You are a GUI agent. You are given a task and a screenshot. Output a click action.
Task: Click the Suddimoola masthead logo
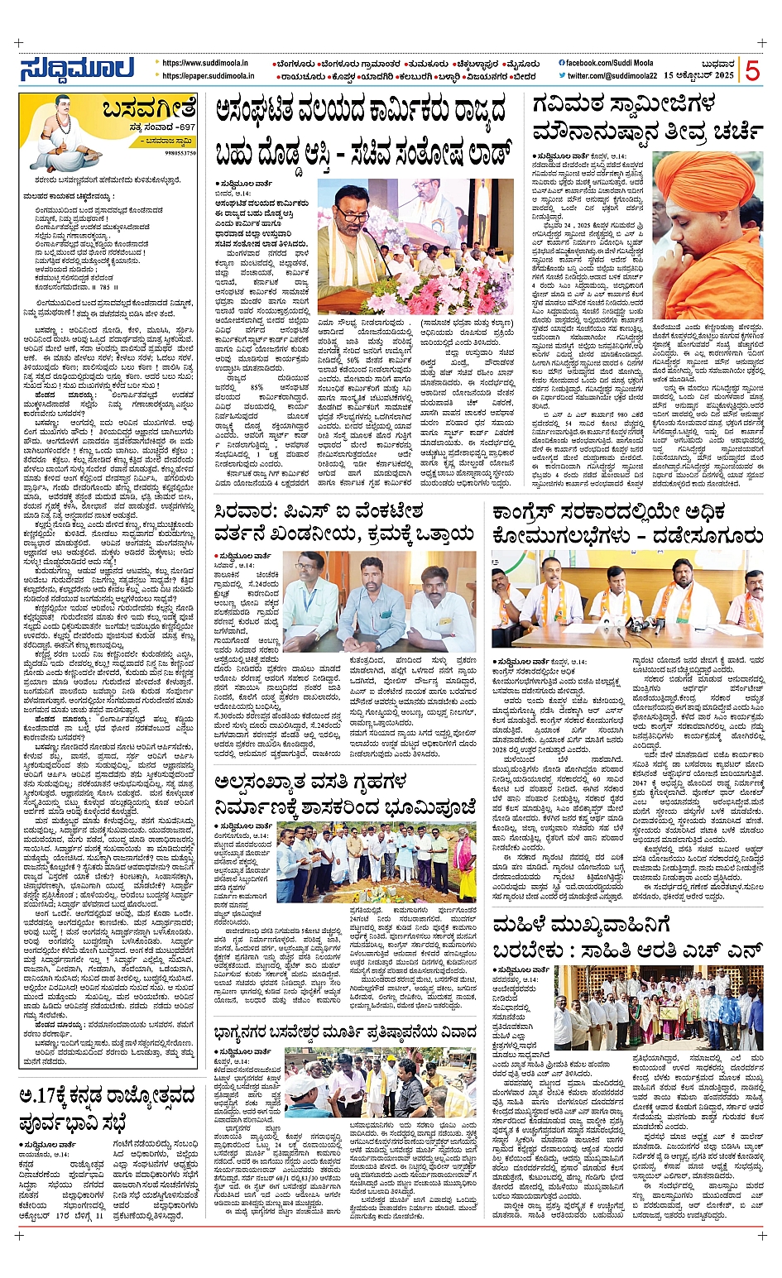click(77, 69)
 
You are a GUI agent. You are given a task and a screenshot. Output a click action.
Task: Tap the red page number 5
click(751, 70)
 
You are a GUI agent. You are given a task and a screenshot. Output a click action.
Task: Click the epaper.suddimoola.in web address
click(208, 76)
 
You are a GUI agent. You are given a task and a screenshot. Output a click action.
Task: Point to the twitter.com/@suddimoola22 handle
click(612, 76)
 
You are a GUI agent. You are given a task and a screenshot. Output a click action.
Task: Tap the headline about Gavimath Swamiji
click(645, 118)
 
